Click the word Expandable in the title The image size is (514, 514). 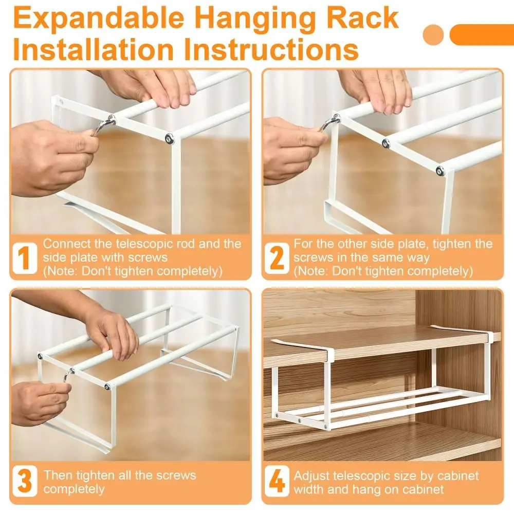coord(99,19)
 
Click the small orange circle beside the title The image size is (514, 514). coord(433,35)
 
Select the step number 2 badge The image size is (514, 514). coord(277,258)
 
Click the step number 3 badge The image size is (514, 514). coord(25,481)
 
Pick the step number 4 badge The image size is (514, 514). coord(277,481)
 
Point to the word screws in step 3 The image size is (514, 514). coord(175,475)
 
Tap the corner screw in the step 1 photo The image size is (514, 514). coord(170,138)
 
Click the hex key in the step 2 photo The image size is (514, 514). coord(331,123)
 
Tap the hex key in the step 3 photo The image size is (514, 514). coord(69,375)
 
